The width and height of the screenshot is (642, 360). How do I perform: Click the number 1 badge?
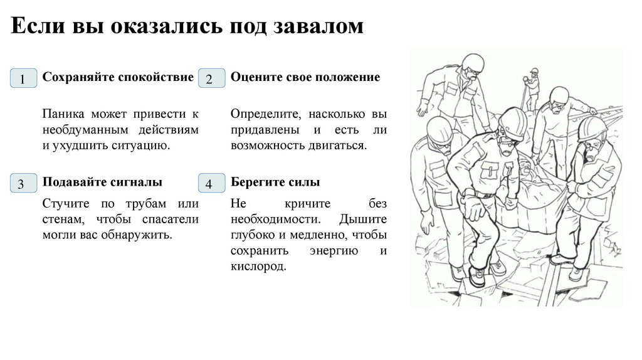point(23,80)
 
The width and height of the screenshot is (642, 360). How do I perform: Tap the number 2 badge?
point(209,80)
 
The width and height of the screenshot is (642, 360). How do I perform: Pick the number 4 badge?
point(209,184)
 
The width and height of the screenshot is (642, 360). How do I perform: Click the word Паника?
point(62,115)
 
